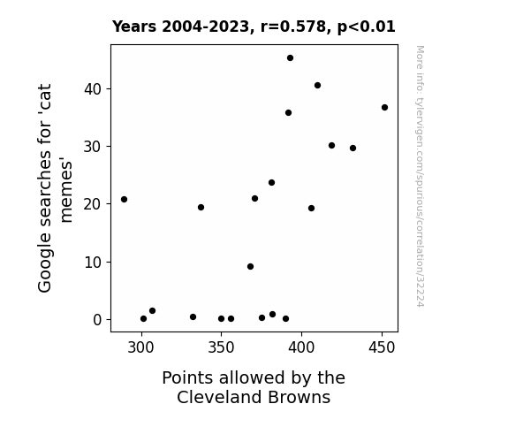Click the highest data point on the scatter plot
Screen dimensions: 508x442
click(x=291, y=58)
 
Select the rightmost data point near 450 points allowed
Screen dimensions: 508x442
click(x=384, y=107)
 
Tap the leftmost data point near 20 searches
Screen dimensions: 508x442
click(x=124, y=199)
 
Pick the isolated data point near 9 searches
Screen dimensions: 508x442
click(x=250, y=267)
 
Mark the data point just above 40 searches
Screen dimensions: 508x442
click(x=317, y=85)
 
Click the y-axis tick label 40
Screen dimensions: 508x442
click(x=93, y=89)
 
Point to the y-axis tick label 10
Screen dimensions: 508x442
click(x=93, y=262)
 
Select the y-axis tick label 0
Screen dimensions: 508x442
click(x=97, y=320)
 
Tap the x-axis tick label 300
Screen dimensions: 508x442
click(x=140, y=347)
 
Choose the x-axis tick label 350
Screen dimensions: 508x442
click(x=221, y=347)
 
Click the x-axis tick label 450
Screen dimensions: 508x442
click(x=382, y=347)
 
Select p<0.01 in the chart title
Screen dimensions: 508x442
click(x=367, y=27)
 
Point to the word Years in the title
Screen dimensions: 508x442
click(x=134, y=27)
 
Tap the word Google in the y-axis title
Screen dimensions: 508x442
click(x=45, y=263)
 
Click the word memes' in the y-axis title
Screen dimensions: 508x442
click(x=66, y=190)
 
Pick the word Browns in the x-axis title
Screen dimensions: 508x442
click(x=299, y=397)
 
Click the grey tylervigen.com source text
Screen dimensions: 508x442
click(x=420, y=176)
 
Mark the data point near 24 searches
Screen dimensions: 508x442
click(x=271, y=183)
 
